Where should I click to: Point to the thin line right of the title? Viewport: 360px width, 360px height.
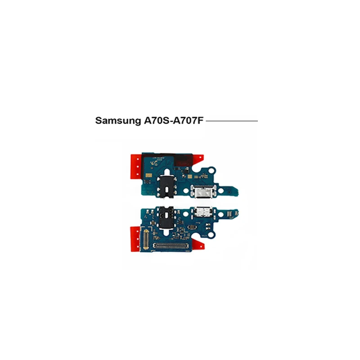[x=232, y=121]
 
